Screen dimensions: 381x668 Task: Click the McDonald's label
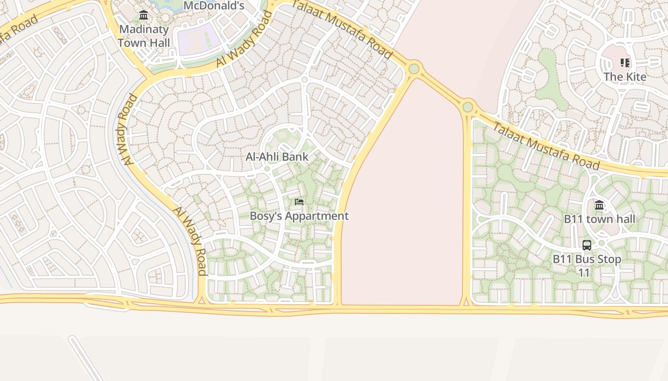tap(214, 6)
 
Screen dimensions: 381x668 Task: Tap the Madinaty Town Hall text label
tap(144, 36)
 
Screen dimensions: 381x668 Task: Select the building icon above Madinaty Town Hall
tap(144, 15)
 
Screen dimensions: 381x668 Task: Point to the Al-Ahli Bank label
tap(277, 157)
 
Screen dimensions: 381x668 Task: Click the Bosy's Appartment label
tap(299, 216)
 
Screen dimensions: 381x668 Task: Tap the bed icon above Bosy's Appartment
tap(299, 202)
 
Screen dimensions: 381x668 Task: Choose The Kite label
tap(625, 77)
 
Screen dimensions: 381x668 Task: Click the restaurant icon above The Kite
tap(625, 62)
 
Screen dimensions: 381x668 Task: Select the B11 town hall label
tap(599, 219)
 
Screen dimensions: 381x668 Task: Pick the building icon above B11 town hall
tap(599, 205)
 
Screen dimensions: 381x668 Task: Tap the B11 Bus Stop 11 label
tap(587, 266)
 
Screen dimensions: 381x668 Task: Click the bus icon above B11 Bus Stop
tap(587, 245)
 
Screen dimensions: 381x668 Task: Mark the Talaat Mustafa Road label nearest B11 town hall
tap(546, 146)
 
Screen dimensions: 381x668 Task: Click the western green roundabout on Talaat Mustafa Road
tap(414, 69)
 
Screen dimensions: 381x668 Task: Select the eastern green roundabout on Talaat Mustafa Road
tap(468, 107)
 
